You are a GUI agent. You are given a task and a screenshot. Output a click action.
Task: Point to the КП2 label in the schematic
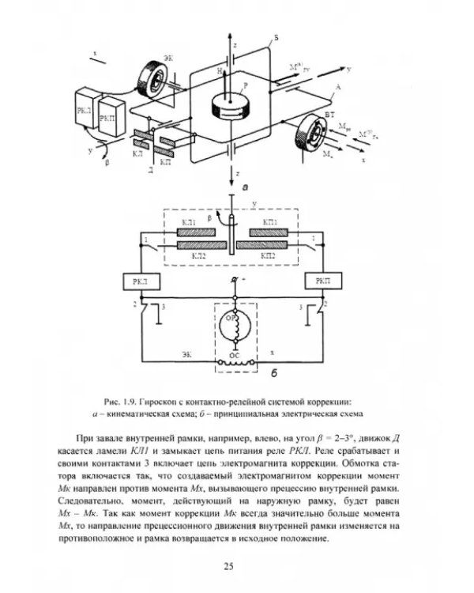point(268,256)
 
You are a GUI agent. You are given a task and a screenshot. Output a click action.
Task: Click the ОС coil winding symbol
point(234,365)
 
